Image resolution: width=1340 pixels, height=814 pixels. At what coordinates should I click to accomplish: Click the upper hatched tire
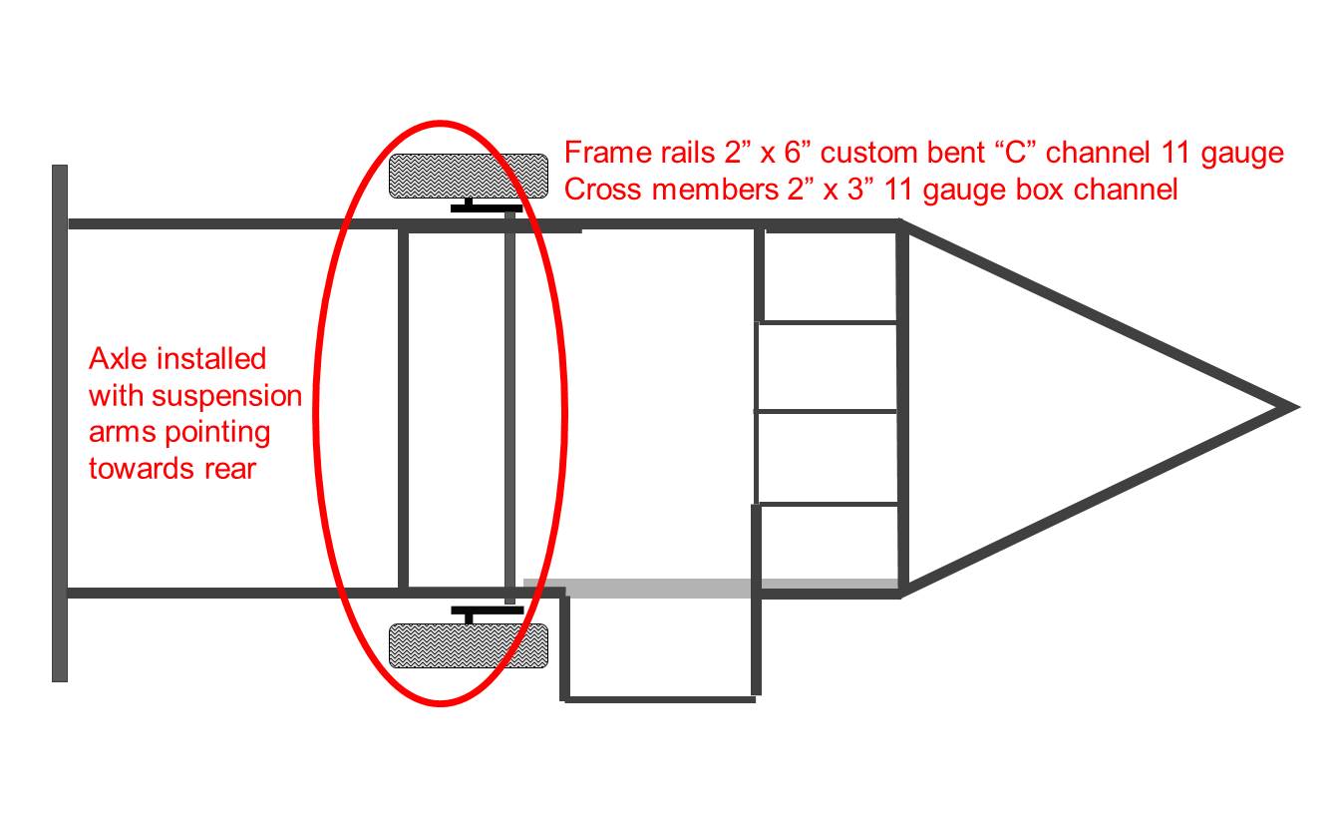469,176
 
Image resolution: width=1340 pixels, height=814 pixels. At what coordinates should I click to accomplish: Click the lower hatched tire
469,645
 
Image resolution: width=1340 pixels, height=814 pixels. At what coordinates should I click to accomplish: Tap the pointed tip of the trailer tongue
1299,408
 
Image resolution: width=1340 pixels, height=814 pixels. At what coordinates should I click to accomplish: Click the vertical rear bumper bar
60,423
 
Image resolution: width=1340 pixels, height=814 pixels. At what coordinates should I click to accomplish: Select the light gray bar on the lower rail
711,589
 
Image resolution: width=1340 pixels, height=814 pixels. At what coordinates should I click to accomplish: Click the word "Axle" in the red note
118,359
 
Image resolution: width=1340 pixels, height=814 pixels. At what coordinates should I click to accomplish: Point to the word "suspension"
226,397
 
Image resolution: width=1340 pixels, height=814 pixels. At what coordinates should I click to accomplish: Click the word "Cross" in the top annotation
603,190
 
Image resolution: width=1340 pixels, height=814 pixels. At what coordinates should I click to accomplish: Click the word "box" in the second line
1042,190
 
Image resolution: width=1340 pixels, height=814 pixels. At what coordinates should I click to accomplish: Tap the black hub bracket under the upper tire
486,205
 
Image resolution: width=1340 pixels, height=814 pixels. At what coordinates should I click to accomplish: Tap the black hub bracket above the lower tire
487,614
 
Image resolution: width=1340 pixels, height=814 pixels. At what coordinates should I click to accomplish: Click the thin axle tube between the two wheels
509,407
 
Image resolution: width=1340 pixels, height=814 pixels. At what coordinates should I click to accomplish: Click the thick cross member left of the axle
403,408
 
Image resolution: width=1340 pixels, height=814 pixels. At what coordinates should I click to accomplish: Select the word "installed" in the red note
211,359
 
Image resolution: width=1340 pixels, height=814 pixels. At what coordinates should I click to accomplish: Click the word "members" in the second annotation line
716,190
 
